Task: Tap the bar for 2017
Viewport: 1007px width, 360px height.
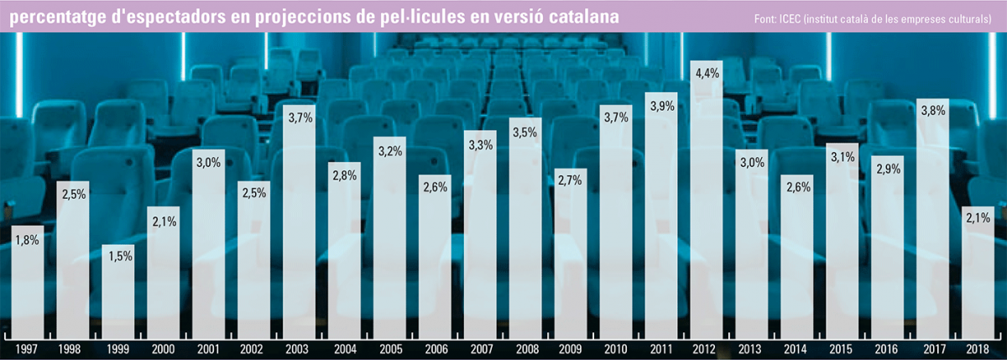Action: pyautogui.click(x=934, y=218)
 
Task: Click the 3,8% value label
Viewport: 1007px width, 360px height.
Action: pyautogui.click(x=934, y=110)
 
